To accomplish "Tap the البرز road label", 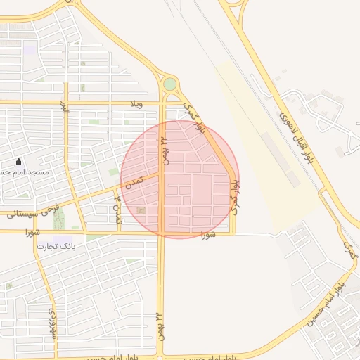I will point(65,108).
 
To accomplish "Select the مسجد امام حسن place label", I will point(25,172).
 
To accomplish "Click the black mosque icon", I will point(18,162).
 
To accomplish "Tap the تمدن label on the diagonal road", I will point(136,181).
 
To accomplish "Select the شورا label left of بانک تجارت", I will point(32,231).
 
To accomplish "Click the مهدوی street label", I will point(52,323).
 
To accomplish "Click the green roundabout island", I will point(169,84).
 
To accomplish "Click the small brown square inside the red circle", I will point(141,210).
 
